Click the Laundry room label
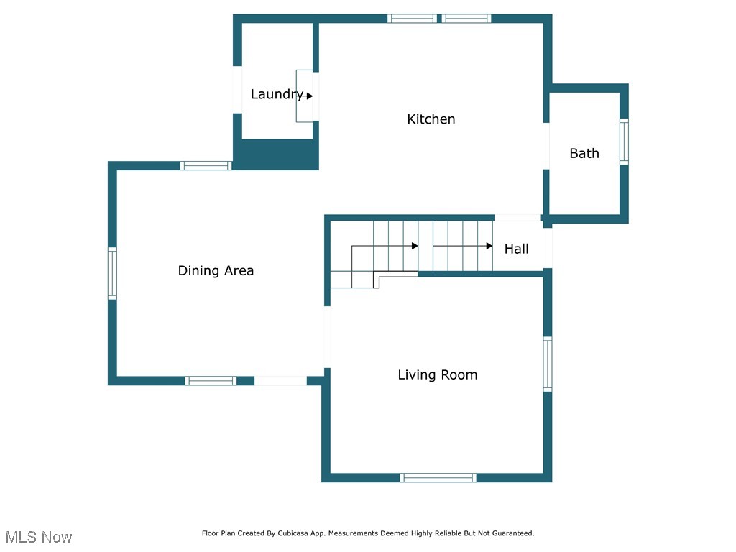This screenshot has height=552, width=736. pos(276,94)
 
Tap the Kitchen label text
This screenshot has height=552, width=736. pos(431,119)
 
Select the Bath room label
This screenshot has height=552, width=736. pos(584,153)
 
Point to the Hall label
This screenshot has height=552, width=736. pos(516,249)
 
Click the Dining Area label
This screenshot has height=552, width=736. pos(216,271)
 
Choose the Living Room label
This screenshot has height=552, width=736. pos(437,374)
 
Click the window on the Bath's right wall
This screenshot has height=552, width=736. pos(624,142)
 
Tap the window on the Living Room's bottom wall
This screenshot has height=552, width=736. pos(438,477)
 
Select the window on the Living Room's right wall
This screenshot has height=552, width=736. pos(548,364)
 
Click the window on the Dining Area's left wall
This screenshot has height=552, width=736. pos(112,273)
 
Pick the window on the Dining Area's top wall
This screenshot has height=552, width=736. pos(206,165)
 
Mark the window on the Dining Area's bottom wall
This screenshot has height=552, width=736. pos(211,380)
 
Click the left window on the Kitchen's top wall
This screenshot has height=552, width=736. pos(412,19)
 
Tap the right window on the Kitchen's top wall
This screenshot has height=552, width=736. pos(466,19)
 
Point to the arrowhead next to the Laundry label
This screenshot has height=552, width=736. pos(310,96)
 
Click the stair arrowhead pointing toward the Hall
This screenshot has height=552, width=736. pos(489,246)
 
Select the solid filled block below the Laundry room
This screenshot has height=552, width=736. pos(276,155)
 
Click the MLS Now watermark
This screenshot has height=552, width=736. pos(39,537)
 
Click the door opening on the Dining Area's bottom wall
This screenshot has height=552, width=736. pos(280,380)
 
